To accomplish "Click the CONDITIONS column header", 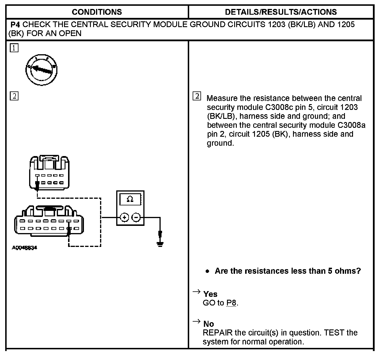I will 97,12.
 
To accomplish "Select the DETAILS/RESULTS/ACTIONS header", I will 281,12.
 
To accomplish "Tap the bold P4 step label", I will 15,25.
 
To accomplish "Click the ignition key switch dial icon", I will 41,70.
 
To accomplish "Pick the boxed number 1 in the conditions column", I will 14,48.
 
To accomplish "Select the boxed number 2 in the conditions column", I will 14,96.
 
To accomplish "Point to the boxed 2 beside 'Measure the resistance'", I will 197,96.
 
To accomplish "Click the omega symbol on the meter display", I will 130,199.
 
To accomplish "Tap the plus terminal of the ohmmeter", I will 124,217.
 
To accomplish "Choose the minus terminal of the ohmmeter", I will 136,217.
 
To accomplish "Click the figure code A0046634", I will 25,248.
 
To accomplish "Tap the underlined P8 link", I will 231,303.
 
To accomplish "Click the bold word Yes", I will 210,294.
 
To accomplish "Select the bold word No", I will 209,324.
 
